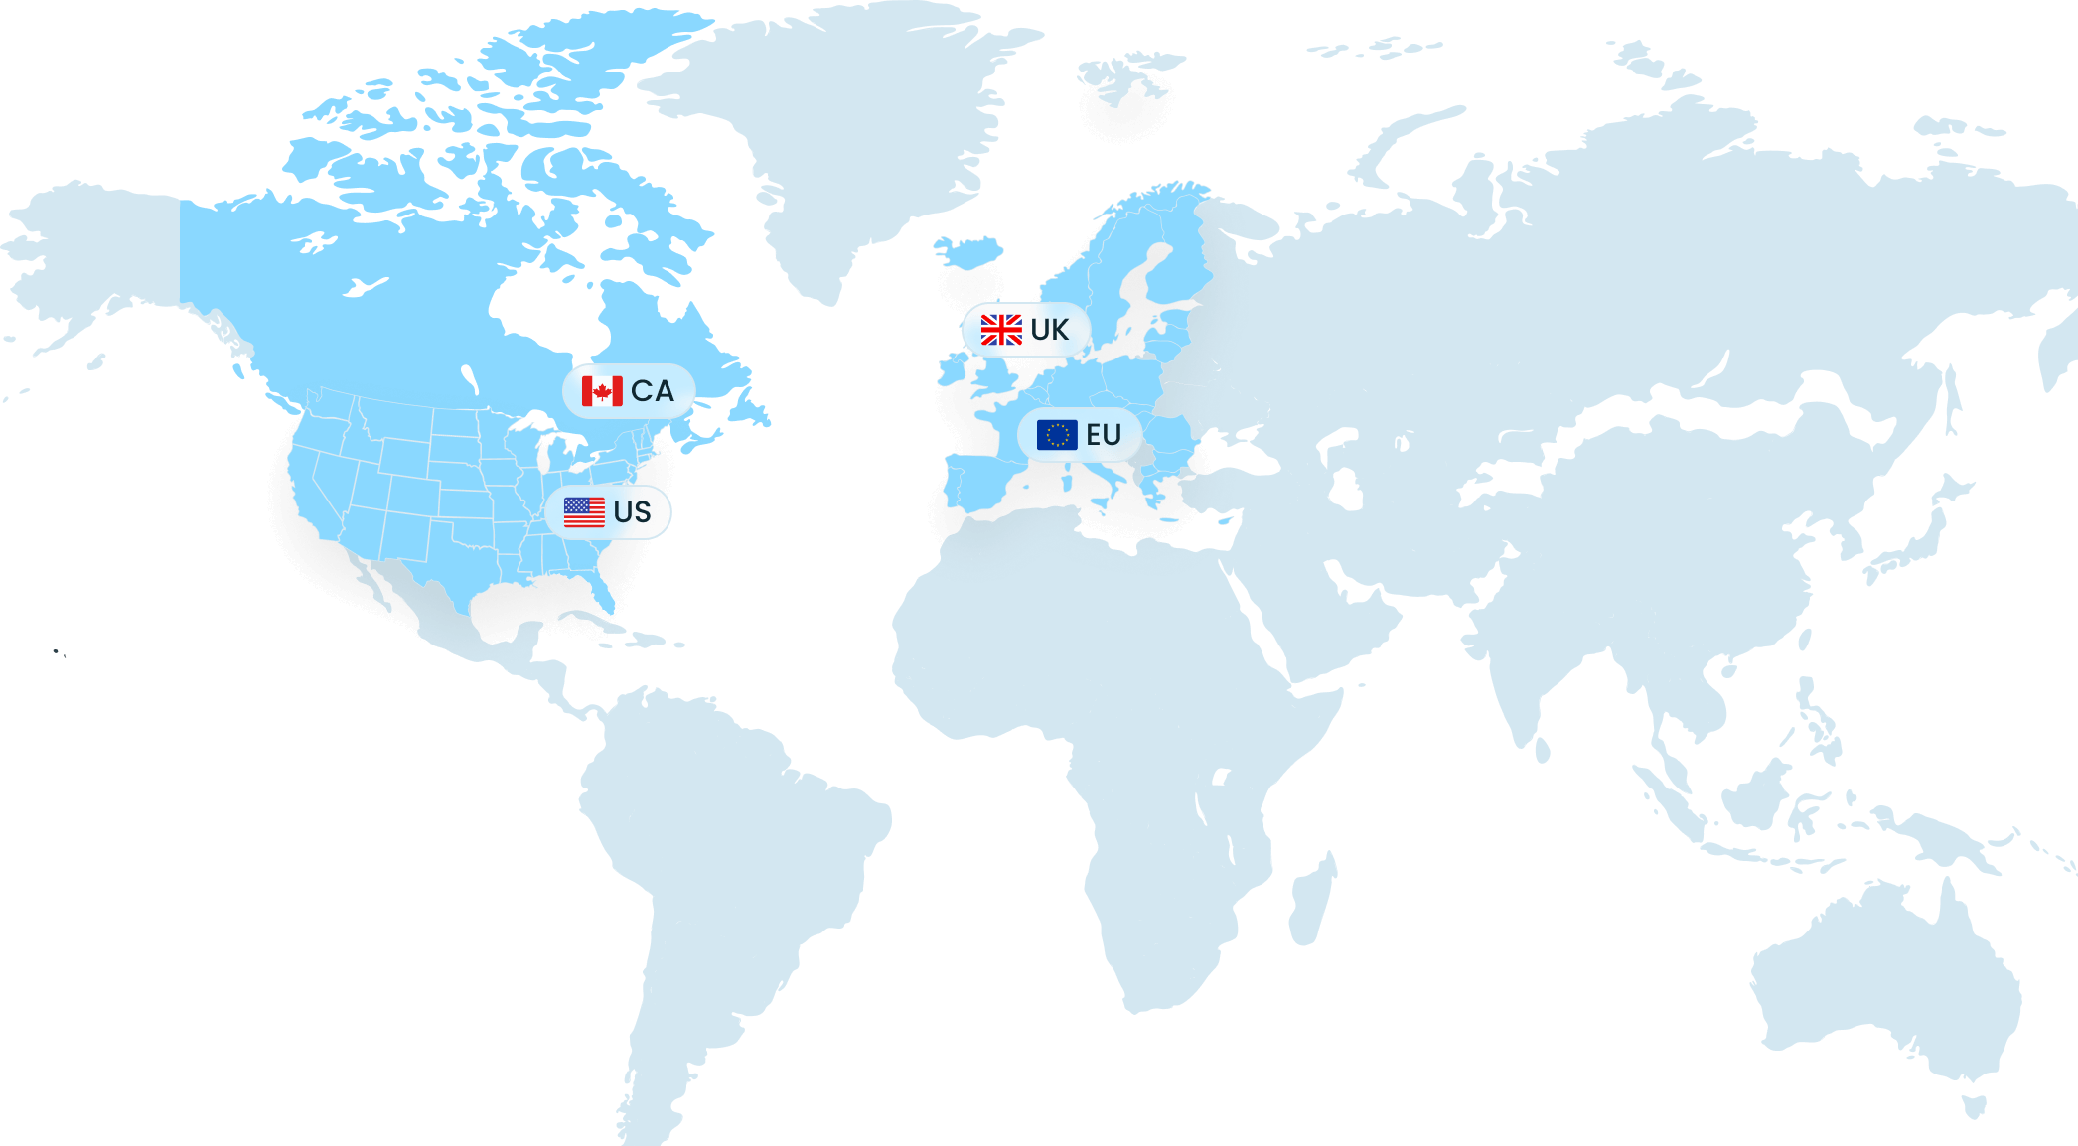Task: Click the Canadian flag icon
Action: click(602, 391)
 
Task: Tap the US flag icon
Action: click(584, 512)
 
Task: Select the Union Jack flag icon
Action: click(1001, 330)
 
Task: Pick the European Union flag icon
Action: click(1057, 435)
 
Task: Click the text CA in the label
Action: click(653, 391)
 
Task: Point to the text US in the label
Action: click(633, 512)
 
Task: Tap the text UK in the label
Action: click(1050, 330)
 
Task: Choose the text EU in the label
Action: click(1104, 435)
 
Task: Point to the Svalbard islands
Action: click(1127, 79)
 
